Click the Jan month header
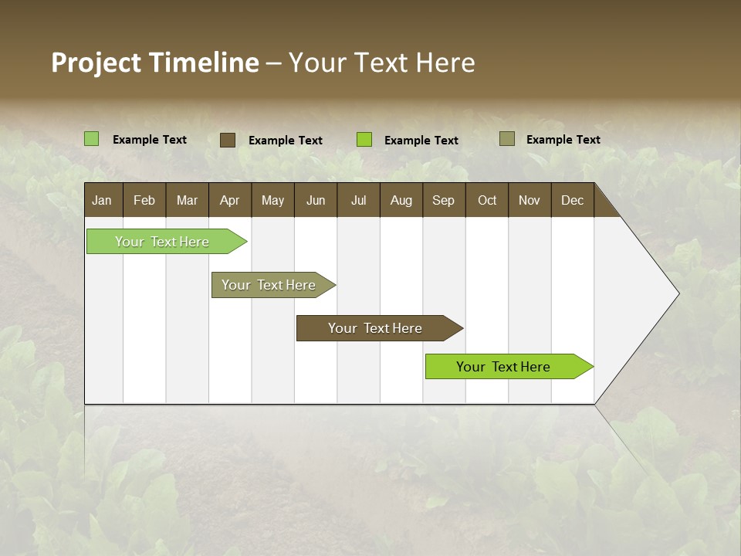103,200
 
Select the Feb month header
144,200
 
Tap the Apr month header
229,200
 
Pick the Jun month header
316,200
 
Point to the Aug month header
401,200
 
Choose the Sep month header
443,200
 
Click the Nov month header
530,200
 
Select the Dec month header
572,200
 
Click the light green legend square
92,139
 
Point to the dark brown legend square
228,140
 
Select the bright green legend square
364,140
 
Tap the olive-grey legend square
506,139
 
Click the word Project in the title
96,63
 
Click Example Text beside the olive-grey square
563,139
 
